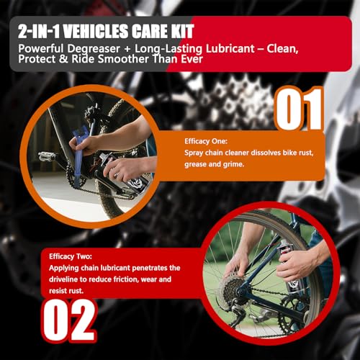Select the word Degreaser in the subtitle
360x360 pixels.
coord(94,49)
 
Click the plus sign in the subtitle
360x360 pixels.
coord(127,49)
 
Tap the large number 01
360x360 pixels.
coord(300,109)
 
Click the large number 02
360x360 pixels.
coord(70,320)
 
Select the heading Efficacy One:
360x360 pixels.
coord(206,141)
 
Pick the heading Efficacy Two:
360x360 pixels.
coord(71,256)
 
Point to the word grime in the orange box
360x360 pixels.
coord(233,164)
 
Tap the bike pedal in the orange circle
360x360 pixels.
coord(47,156)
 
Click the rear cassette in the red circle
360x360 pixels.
coord(232,289)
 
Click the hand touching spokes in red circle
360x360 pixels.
coord(236,264)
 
